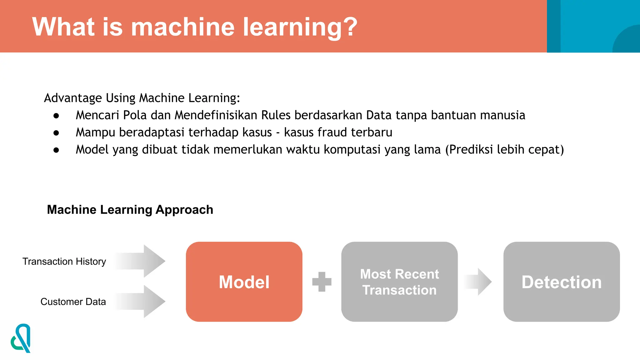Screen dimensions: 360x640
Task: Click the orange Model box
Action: (x=244, y=282)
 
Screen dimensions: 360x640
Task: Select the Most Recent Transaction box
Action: (x=399, y=282)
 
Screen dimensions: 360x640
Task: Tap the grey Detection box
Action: (x=561, y=282)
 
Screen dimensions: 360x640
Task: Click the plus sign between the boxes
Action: (x=322, y=282)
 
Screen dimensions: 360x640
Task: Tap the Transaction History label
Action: (x=64, y=261)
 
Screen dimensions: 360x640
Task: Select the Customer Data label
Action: (x=73, y=302)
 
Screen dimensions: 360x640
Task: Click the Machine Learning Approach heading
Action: (x=130, y=209)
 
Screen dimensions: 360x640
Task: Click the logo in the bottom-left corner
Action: (x=21, y=338)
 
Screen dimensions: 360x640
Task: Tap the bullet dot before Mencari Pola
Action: (x=56, y=116)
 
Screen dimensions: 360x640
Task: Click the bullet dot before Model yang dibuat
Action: (x=56, y=150)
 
